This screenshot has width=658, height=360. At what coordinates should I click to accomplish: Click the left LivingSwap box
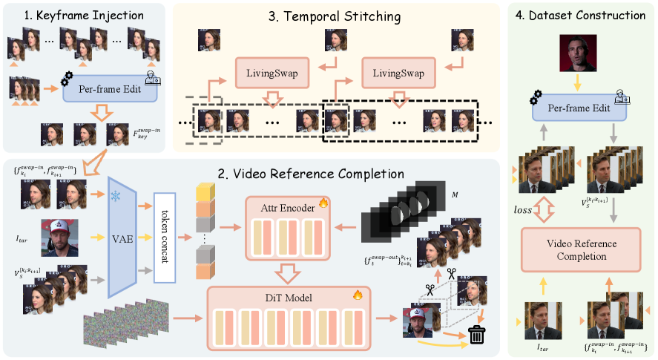pos(269,74)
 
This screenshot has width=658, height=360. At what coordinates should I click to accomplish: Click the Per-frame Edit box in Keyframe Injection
pos(110,90)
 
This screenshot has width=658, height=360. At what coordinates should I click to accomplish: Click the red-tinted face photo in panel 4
pos(580,53)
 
